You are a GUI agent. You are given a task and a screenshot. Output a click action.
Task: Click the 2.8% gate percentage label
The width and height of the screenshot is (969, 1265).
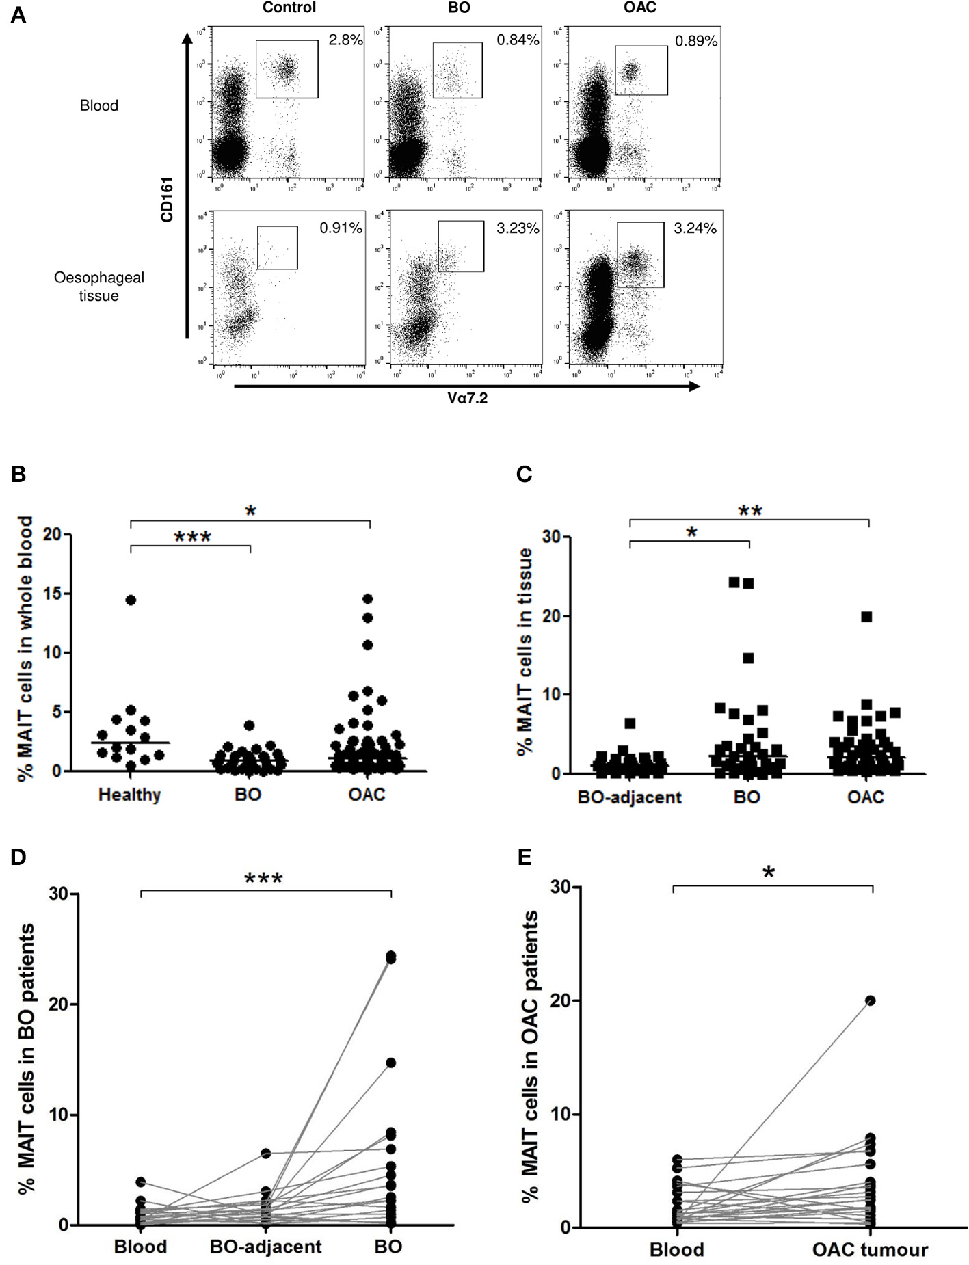[x=345, y=40]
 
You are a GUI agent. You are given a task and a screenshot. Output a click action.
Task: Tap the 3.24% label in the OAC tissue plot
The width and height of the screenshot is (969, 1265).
[x=695, y=228]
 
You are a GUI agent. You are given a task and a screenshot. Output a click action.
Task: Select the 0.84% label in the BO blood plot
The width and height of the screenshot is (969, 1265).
[x=518, y=40]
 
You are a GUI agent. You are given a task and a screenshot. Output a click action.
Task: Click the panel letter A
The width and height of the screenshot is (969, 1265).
[x=18, y=15]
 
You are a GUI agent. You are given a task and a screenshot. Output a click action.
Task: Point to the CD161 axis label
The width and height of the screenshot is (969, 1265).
[x=166, y=198]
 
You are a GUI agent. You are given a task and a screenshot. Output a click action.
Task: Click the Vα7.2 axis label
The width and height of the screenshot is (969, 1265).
[x=468, y=398]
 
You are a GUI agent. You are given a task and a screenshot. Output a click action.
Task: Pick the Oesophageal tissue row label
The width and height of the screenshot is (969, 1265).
[x=99, y=287]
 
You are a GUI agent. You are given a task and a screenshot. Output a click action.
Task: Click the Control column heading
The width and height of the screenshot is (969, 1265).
[x=289, y=8]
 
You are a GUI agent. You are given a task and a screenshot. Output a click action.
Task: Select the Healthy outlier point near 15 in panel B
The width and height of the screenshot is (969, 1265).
[x=131, y=600]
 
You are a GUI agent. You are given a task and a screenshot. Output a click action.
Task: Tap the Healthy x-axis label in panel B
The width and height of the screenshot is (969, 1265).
[x=129, y=795]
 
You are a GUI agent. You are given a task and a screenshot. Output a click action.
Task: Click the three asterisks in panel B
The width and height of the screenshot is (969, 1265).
[x=192, y=537]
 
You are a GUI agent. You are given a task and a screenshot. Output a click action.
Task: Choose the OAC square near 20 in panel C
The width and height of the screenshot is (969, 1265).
[x=866, y=616]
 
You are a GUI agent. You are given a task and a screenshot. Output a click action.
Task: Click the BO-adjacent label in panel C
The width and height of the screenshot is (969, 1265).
[x=629, y=797]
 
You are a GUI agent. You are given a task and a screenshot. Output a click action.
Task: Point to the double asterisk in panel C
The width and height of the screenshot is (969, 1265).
[x=749, y=511]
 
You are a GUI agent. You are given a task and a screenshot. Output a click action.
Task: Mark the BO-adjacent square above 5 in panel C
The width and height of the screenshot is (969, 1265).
[x=630, y=723]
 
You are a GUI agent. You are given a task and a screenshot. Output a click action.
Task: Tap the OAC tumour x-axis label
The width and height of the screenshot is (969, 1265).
[x=870, y=1250]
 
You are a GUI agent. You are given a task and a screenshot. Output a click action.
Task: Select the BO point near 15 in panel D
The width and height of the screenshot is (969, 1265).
[x=390, y=1062]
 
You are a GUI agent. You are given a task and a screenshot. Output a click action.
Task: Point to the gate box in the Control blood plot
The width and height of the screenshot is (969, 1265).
[x=287, y=68]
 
